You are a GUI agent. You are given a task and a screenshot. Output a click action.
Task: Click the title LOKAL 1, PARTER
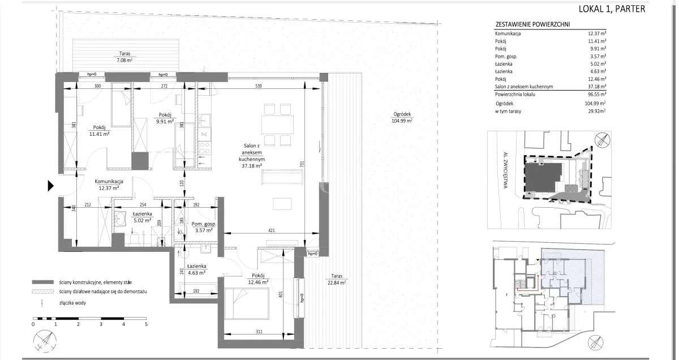click(612, 9)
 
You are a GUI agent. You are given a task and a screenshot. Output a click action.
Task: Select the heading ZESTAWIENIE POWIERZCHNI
click(532, 24)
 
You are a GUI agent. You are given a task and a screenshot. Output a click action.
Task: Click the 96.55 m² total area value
click(597, 95)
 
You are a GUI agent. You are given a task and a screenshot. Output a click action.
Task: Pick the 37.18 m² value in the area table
click(597, 87)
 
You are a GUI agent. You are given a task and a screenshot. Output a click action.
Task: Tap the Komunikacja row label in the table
click(508, 33)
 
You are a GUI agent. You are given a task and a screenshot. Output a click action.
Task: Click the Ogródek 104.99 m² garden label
click(402, 117)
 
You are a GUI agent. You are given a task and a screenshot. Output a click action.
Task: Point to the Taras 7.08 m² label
click(124, 57)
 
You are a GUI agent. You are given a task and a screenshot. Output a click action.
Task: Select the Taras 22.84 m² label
click(337, 279)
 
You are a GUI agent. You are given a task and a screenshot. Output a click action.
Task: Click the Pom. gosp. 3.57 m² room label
click(204, 227)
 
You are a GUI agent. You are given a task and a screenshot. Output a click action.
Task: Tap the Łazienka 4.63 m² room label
click(196, 269)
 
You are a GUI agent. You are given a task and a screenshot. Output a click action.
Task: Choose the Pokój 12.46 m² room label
click(258, 278)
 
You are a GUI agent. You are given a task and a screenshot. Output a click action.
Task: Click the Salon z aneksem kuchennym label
click(252, 152)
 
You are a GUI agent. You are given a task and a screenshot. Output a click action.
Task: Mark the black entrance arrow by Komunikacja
click(50, 186)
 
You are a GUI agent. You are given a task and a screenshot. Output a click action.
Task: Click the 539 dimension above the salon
click(258, 86)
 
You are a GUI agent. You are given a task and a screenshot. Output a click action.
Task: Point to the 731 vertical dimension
click(302, 164)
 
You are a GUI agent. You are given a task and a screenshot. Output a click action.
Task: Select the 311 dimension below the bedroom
click(259, 332)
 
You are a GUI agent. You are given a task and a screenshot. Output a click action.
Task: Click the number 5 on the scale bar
click(146, 324)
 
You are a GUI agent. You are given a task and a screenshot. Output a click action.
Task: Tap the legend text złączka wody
click(72, 303)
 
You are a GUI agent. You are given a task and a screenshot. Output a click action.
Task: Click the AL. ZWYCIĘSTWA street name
click(505, 170)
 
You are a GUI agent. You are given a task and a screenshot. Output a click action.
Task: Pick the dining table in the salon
click(277, 125)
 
